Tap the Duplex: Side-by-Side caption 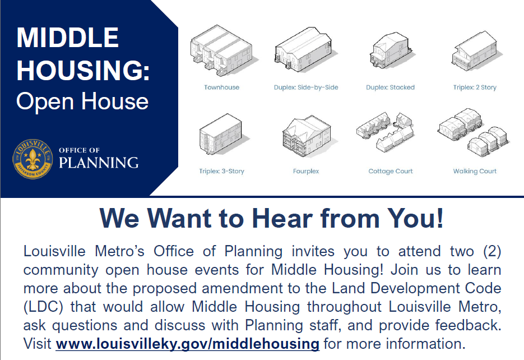pos(306,87)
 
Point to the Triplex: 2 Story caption pos(475,87)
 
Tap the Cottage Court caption pos(391,171)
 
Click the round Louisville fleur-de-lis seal pos(33,159)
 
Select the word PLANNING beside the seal pos(99,163)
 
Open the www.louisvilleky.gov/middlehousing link pos(188,343)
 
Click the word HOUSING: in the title pos(83,70)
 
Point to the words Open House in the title pos(82,101)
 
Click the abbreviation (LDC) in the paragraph pos(41,307)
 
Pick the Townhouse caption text pos(221,87)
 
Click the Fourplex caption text pos(306,171)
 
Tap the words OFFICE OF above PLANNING pos(79,150)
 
